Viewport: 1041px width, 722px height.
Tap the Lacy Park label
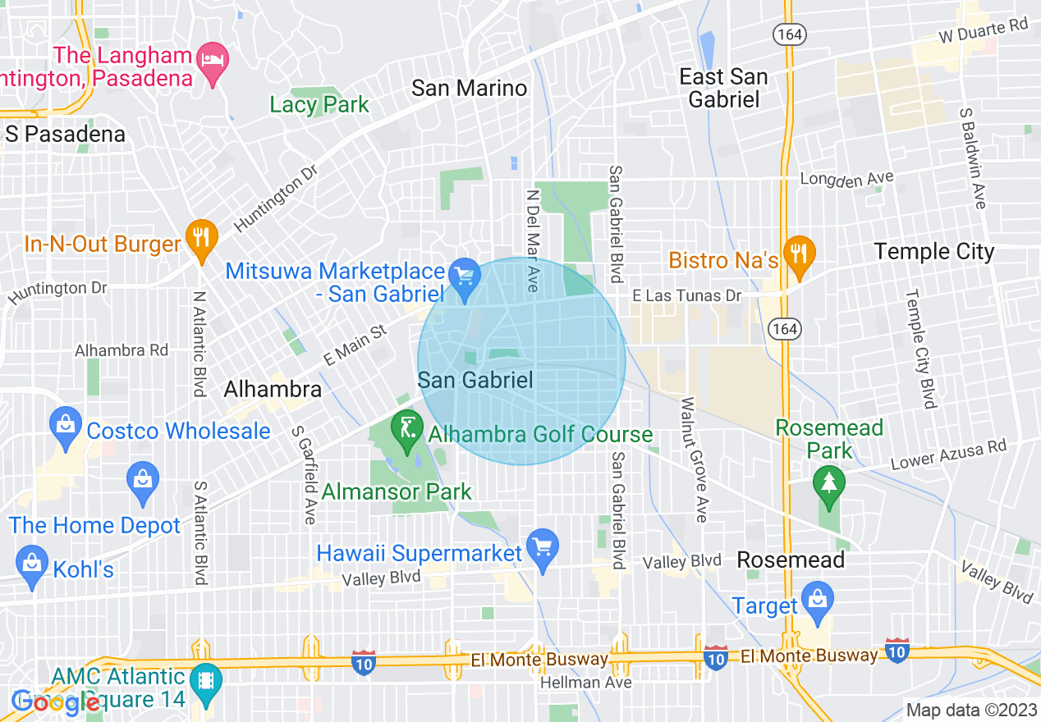[x=319, y=104]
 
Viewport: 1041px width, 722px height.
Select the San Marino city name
[x=469, y=88]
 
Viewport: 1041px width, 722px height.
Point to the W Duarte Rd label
[x=984, y=31]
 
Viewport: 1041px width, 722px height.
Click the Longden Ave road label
[x=846, y=178]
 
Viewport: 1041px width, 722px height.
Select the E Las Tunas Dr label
[x=686, y=295]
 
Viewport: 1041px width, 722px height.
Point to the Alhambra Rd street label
[x=122, y=350]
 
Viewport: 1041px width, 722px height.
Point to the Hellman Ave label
[x=585, y=683]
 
